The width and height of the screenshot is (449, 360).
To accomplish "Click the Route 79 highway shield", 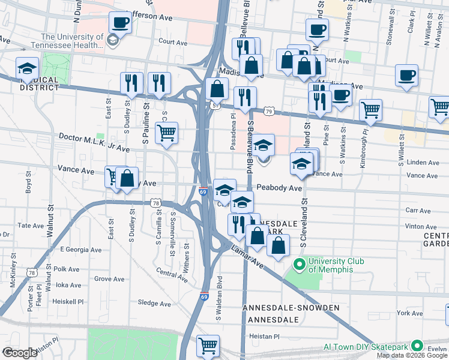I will pos(270,112).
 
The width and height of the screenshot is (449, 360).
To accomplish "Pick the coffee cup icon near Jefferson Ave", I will pos(120,24).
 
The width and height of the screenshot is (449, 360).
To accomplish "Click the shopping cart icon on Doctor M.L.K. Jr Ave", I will pos(166,132).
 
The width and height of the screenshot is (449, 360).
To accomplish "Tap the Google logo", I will pos(20,353).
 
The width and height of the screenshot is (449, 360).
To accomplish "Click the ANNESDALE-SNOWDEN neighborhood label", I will pos(291,308).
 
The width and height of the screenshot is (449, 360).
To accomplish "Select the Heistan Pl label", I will pos(264,337).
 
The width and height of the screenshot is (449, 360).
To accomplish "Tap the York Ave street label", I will pos(410,313).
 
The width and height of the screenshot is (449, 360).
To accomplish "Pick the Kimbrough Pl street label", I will pos(364,140).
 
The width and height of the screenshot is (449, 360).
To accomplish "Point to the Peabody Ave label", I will pos(279,188).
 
